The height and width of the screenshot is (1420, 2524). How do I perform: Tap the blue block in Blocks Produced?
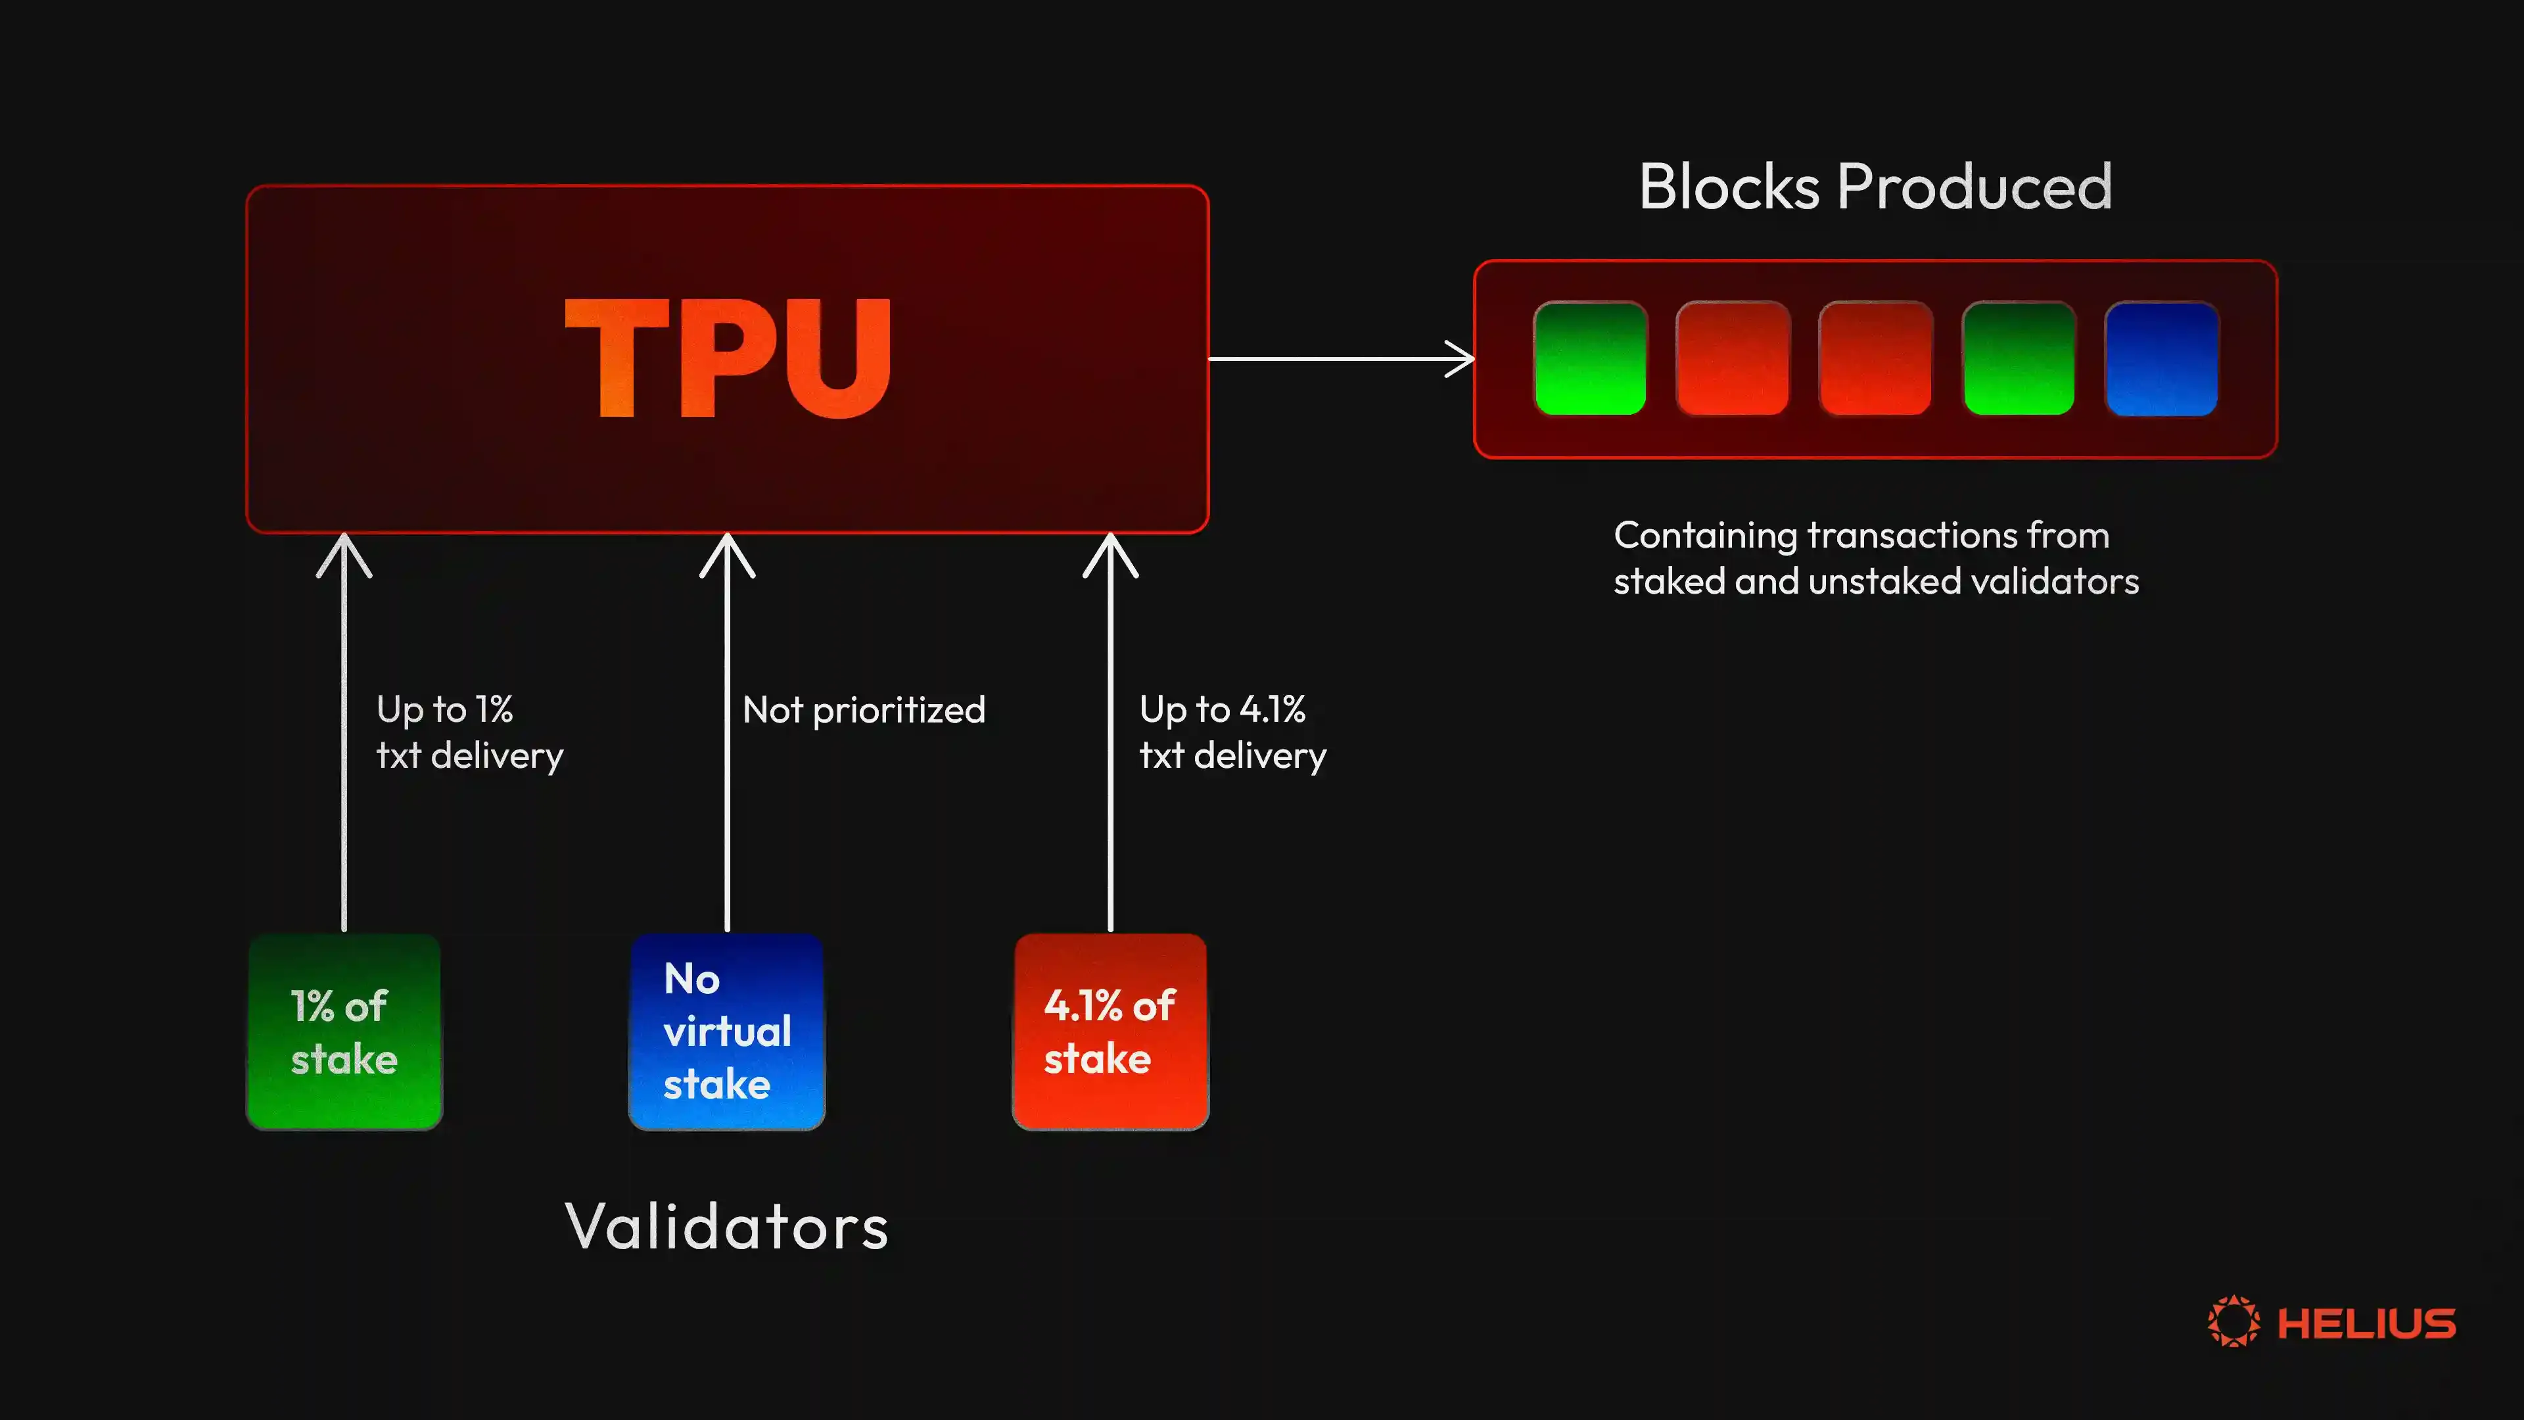(2161, 359)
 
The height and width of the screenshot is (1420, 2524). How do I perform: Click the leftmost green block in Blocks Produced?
(1589, 359)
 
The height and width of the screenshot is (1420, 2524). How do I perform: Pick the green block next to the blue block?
(2019, 359)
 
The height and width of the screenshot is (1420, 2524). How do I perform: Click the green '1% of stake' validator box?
(344, 1032)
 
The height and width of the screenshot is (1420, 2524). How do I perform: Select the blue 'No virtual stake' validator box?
(727, 1032)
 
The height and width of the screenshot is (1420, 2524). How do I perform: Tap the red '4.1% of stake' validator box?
(1110, 1032)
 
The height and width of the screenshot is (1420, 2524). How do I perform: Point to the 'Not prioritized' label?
(863, 709)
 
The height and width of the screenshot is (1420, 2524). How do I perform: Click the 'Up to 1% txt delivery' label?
(469, 732)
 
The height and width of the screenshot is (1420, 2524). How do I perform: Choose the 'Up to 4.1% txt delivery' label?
(1232, 732)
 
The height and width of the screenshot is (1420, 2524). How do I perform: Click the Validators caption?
(727, 1226)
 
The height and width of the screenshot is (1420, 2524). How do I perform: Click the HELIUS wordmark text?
(2366, 1324)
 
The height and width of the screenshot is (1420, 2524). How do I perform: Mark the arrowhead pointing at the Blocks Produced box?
(1462, 359)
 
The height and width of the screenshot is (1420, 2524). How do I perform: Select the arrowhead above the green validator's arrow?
(344, 553)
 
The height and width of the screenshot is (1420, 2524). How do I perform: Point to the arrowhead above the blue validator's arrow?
(727, 553)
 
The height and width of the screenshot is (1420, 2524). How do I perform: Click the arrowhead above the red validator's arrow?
(1110, 553)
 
